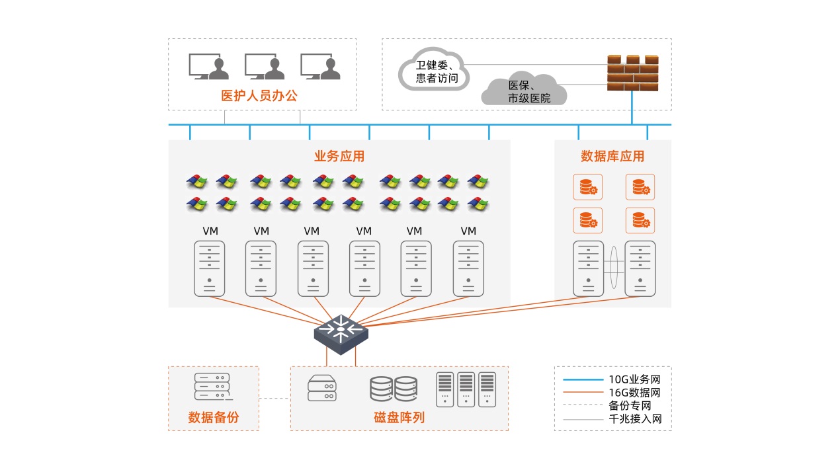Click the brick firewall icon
pos(632,73)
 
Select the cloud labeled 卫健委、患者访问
pos(434,69)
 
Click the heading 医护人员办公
pos(259,96)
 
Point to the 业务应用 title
pos(339,157)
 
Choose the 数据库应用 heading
pos(612,157)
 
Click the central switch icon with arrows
pos(341,330)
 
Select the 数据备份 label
pos(213,418)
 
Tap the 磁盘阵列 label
pos(399,418)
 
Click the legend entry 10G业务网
pos(634,380)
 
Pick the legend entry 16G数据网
pos(634,393)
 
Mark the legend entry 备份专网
pos(630,406)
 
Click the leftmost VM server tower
pos(209,268)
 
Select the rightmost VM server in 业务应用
pos(468,268)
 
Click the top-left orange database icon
pos(587,187)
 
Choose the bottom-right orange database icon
pos(640,220)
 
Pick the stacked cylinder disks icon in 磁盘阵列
pos(393,389)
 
